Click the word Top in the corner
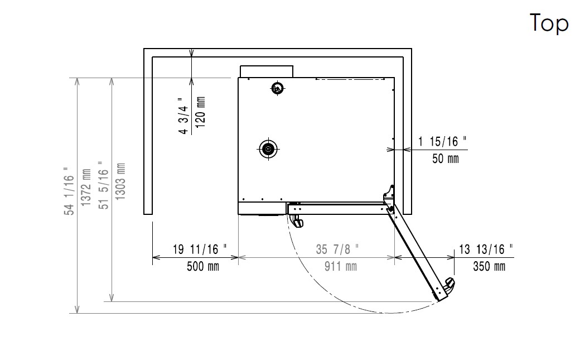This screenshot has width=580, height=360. coord(549,23)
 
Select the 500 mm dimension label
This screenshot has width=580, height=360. coord(202,266)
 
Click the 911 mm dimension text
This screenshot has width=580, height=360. coord(341,266)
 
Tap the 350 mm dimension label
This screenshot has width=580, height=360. coord(489,266)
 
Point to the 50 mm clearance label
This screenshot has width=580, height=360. coord(446,159)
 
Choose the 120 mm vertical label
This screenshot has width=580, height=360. coord(200,112)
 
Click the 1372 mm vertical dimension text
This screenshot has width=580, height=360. coord(86,188)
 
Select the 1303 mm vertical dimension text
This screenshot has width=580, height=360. coord(120,181)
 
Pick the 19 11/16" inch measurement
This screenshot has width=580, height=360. coord(200,249)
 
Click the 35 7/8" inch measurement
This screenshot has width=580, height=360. coord(337,249)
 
